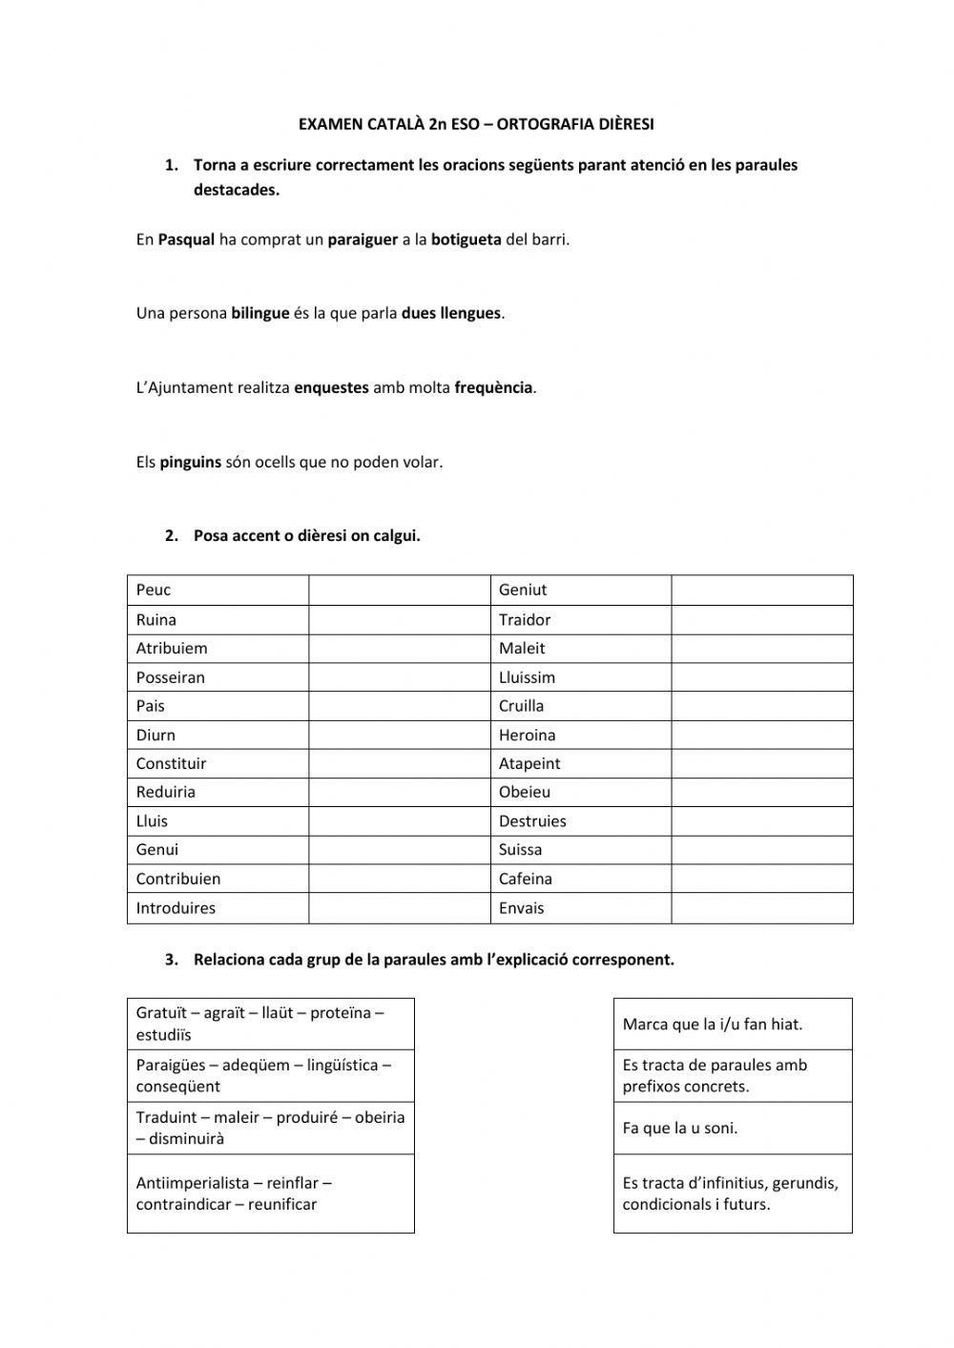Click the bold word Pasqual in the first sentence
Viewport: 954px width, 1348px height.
(x=186, y=239)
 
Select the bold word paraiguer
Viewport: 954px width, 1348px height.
(x=363, y=239)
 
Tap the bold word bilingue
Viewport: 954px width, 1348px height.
(x=259, y=313)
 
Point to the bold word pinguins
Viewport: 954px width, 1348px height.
(x=190, y=462)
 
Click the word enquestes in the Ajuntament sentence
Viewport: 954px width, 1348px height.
(x=331, y=387)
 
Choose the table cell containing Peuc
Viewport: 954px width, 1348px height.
(x=218, y=590)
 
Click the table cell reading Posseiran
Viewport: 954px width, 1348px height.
(x=218, y=677)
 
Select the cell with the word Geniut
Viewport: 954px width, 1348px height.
(x=580, y=590)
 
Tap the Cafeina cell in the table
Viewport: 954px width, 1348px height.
(x=580, y=879)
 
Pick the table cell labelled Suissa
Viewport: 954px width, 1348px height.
(x=580, y=849)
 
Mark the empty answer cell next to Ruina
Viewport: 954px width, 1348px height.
(x=399, y=619)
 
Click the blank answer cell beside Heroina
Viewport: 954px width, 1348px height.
(x=761, y=735)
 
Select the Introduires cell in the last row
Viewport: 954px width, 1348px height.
(x=218, y=907)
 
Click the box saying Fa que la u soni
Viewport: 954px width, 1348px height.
(x=733, y=1128)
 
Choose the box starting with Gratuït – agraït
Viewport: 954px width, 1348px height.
(x=270, y=1024)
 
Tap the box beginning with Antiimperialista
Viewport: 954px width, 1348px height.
(x=270, y=1192)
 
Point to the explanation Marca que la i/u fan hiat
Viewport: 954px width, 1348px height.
(x=733, y=1024)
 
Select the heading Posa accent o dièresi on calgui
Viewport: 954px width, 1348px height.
(x=306, y=535)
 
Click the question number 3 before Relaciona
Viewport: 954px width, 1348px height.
(x=172, y=959)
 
